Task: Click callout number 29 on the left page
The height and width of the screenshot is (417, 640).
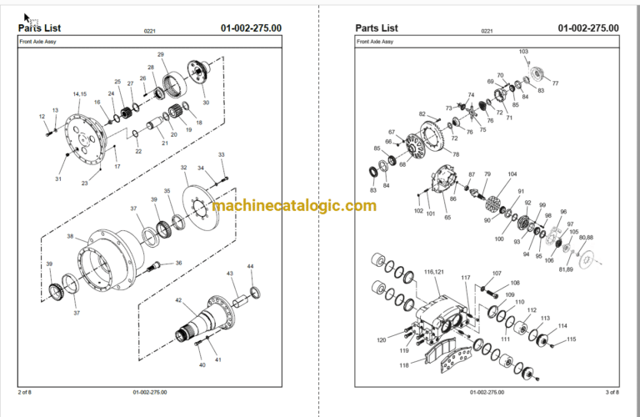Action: (161, 54)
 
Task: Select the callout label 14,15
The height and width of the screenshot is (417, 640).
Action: (80, 93)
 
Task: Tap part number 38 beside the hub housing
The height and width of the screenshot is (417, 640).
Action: (71, 236)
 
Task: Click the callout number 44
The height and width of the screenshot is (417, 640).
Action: (251, 266)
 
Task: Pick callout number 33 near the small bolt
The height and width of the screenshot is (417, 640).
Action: (221, 155)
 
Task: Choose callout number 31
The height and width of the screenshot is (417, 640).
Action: (58, 179)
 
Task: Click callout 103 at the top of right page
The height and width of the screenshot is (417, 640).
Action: (523, 52)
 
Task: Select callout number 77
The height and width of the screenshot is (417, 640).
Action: (555, 83)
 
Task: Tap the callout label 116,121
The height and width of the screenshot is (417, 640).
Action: (433, 272)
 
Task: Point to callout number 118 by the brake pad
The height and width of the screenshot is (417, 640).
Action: (404, 365)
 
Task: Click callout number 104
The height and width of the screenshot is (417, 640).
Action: (512, 174)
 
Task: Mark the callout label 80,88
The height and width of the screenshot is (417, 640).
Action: (587, 239)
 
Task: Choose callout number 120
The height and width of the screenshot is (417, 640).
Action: (382, 340)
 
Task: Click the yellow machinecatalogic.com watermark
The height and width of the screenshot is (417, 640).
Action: (293, 206)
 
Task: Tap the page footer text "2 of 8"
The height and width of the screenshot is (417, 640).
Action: (26, 391)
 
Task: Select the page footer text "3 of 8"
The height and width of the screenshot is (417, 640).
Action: (611, 391)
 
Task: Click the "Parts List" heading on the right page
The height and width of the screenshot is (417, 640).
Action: (377, 28)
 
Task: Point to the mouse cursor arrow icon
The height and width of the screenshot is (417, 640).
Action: (27, 17)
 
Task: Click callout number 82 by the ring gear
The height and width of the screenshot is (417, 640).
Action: (422, 114)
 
